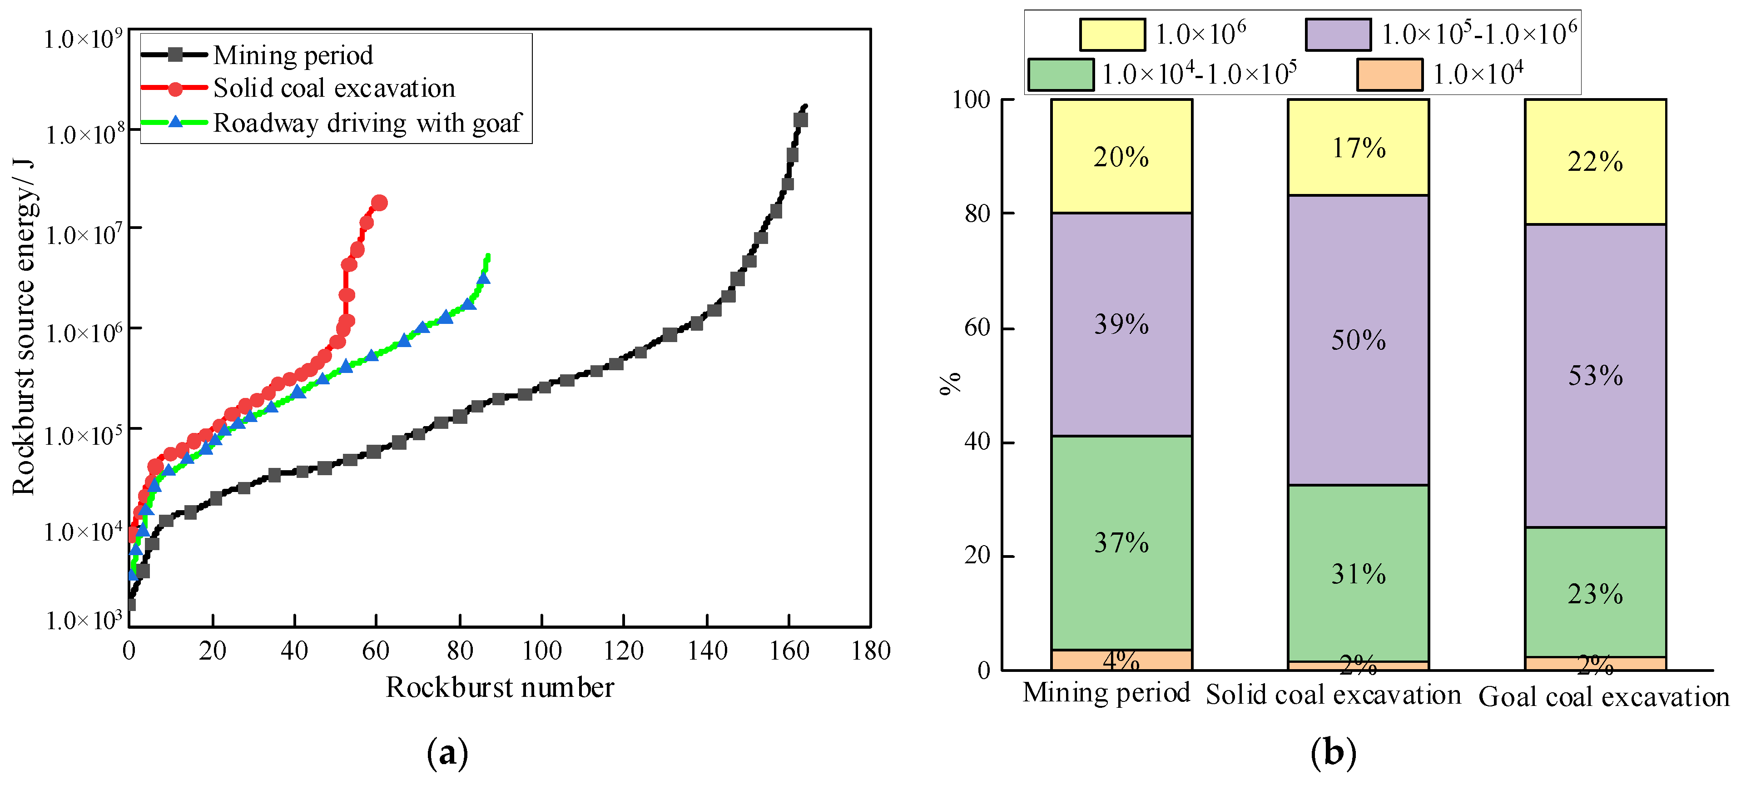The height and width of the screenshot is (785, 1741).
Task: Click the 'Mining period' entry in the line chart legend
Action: pyautogui.click(x=293, y=55)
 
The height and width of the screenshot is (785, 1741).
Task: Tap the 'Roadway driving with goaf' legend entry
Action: pyautogui.click(x=367, y=123)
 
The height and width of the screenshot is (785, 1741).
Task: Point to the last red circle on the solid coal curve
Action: pyautogui.click(x=379, y=203)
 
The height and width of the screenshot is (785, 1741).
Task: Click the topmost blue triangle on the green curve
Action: pyautogui.click(x=483, y=278)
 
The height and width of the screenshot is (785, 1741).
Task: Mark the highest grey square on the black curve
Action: pyautogui.click(x=801, y=120)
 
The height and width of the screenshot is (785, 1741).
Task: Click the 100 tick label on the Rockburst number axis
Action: pyautogui.click(x=542, y=651)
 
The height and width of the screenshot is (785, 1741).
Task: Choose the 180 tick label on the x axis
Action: pyautogui.click(x=870, y=651)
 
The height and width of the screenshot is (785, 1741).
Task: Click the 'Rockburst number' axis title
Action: pyautogui.click(x=500, y=688)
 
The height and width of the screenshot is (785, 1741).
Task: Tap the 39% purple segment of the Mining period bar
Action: pyautogui.click(x=1121, y=324)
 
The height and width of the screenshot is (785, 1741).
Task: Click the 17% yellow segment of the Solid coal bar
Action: pyautogui.click(x=1359, y=147)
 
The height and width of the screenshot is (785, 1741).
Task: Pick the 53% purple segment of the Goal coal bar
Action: pyautogui.click(x=1595, y=375)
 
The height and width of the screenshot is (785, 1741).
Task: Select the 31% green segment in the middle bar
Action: pyautogui.click(x=1359, y=573)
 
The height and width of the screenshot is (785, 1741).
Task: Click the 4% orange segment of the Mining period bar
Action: pyautogui.click(x=1121, y=660)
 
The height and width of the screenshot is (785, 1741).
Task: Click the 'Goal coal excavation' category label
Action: pyautogui.click(x=1603, y=696)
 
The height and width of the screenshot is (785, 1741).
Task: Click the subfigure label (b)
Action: pyautogui.click(x=1333, y=753)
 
